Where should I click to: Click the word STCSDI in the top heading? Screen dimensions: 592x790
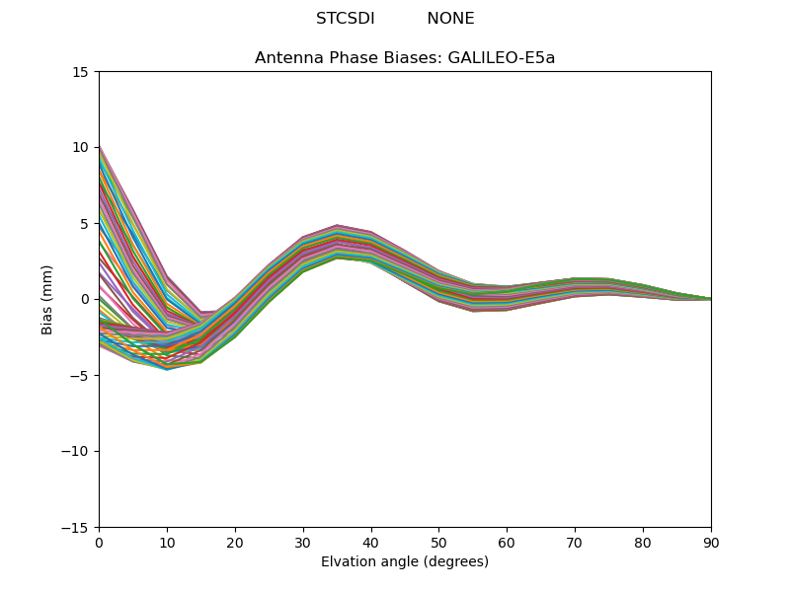(x=345, y=19)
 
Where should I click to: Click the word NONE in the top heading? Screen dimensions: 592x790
(x=450, y=19)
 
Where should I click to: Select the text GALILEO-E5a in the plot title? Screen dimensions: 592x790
(x=502, y=58)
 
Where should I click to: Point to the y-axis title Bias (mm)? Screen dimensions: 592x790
(x=47, y=299)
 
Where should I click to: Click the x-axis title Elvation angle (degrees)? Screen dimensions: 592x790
(x=405, y=562)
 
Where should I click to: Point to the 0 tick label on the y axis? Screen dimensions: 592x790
(x=85, y=300)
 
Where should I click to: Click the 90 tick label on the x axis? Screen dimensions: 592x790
(x=711, y=543)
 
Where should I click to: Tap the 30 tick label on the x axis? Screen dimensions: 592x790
(x=303, y=543)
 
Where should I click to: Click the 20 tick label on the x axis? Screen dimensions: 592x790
(x=235, y=543)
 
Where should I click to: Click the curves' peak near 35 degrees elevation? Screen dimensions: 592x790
(x=337, y=226)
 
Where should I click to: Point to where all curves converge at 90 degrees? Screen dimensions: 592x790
(x=710, y=299)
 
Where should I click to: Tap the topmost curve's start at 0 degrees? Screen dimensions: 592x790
(x=100, y=145)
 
